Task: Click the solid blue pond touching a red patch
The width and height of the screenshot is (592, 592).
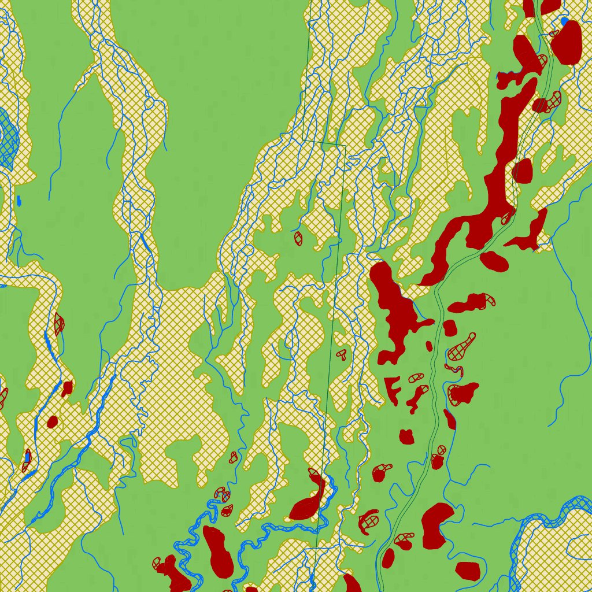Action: tap(564, 21)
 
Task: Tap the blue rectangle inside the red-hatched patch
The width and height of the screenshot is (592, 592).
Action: tap(27, 458)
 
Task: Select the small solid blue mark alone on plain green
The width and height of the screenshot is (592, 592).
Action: tap(19, 201)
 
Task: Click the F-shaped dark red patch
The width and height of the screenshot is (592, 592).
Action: tap(392, 388)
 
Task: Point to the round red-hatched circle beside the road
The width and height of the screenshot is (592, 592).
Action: tap(442, 449)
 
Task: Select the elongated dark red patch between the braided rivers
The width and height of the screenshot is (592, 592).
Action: tap(219, 552)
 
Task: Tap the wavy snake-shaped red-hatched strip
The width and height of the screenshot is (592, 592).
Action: tap(453, 368)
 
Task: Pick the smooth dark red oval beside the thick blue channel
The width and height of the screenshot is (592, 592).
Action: tap(53, 421)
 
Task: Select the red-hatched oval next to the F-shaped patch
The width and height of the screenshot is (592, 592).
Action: tap(416, 378)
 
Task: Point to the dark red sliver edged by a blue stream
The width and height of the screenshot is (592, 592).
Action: tap(450, 419)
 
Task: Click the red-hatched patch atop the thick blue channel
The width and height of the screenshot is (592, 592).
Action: tap(58, 324)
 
